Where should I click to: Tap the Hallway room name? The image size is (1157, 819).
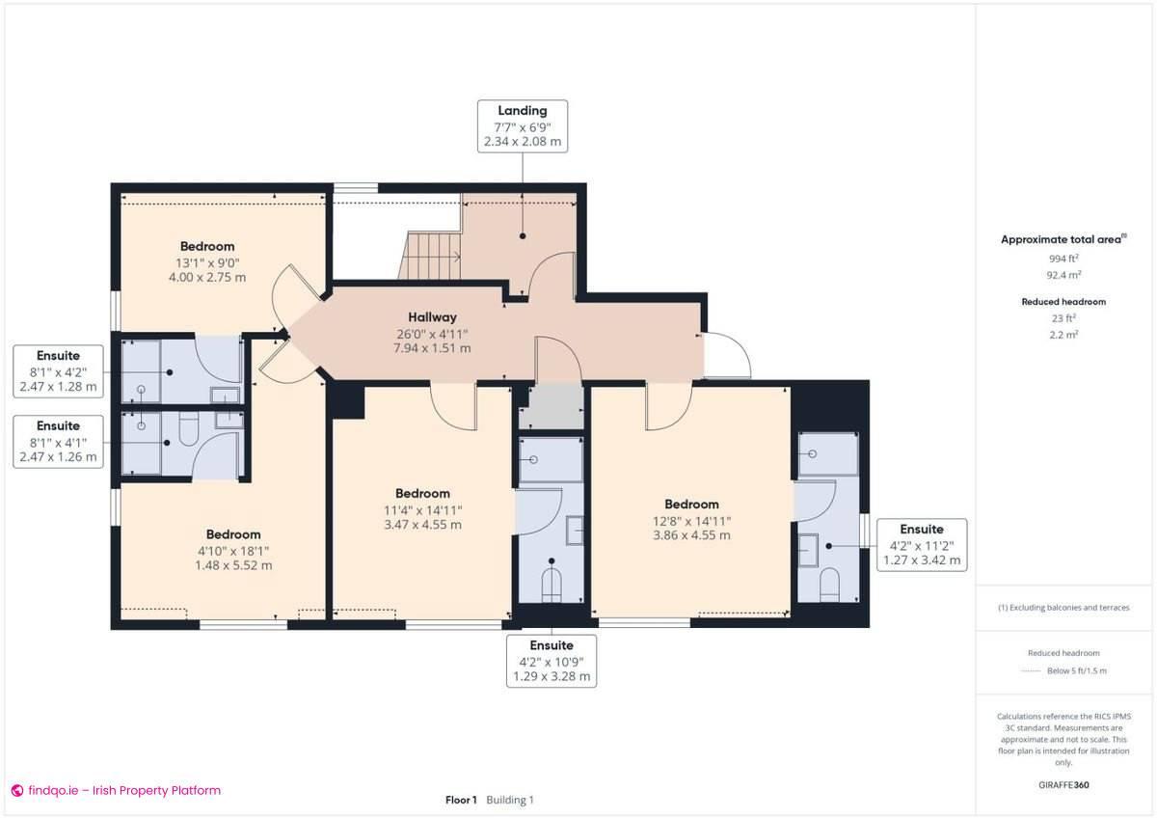(432, 316)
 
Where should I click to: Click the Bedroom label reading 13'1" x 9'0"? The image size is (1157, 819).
(207, 246)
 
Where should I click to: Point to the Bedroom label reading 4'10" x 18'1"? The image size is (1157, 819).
(233, 534)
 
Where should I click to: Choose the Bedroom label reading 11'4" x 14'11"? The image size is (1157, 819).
(422, 494)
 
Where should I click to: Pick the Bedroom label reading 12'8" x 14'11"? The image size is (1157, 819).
(691, 504)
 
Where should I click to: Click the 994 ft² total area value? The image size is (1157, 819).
(1063, 259)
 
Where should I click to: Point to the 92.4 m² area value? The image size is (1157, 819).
(1063, 274)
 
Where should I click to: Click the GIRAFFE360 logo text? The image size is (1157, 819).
(1063, 785)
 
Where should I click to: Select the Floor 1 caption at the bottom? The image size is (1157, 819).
(461, 800)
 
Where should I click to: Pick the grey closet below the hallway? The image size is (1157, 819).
(551, 406)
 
